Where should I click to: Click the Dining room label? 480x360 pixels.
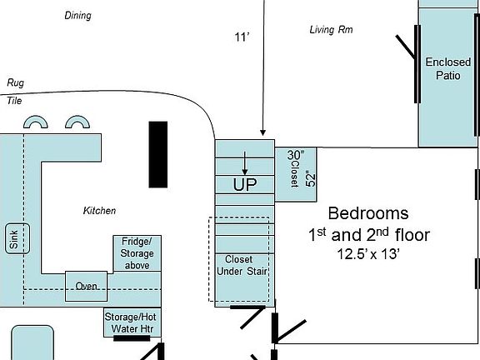(77, 15)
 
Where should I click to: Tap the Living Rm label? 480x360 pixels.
(330, 30)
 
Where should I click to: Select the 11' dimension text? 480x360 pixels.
(241, 36)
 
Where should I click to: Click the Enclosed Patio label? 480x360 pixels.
(447, 68)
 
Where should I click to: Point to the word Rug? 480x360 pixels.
(15, 82)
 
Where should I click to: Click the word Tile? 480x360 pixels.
(14, 100)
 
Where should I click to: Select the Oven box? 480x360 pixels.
(87, 286)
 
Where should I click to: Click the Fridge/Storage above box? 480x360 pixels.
(136, 253)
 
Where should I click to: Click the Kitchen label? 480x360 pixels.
(99, 211)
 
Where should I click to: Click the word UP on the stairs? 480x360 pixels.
(245, 183)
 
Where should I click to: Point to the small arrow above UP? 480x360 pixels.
(244, 162)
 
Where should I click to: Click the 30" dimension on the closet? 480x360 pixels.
(297, 155)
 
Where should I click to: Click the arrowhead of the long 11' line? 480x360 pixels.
(262, 132)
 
